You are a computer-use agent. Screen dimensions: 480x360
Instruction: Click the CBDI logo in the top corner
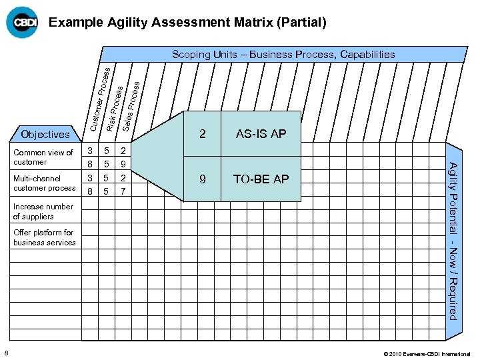(x=22, y=23)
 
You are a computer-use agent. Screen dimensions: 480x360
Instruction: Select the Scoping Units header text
(x=283, y=55)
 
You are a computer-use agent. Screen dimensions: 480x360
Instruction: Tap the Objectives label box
(x=45, y=134)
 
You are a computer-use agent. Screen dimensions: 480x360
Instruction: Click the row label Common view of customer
(x=43, y=157)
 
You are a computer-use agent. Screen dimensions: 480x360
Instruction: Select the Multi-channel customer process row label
(x=45, y=183)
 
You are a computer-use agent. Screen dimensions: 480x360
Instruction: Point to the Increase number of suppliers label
(x=43, y=211)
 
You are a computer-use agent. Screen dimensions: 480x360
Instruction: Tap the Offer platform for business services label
(x=45, y=237)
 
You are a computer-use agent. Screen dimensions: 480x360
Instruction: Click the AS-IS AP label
(x=261, y=134)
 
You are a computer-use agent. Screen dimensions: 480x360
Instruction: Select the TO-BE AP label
(x=261, y=179)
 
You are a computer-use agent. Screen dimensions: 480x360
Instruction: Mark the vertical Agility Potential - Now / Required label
(x=453, y=241)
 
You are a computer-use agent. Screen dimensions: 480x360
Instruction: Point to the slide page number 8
(x=6, y=353)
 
